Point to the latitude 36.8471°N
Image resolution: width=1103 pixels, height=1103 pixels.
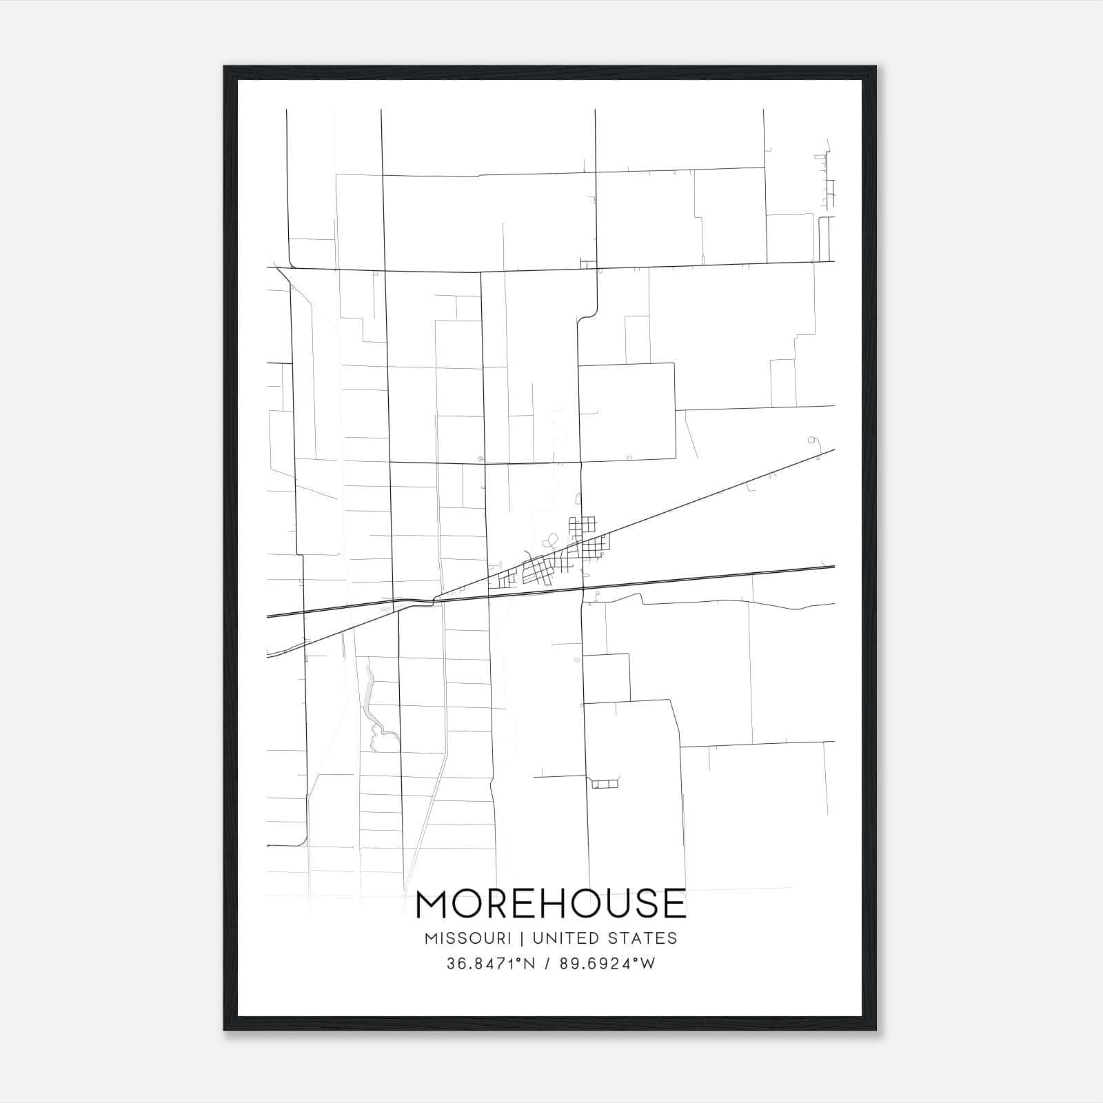(x=491, y=964)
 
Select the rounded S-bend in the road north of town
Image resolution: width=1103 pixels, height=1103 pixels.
(x=586, y=316)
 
